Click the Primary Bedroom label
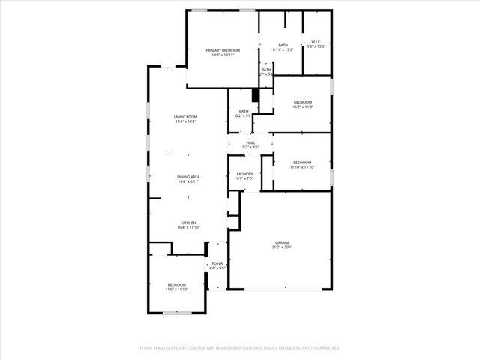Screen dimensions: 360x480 click(223, 50)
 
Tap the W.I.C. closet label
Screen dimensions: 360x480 click(316, 42)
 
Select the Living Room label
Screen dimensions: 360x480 click(185, 117)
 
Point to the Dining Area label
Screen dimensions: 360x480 click(188, 177)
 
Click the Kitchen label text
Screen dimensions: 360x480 click(188, 223)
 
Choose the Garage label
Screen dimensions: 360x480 click(282, 243)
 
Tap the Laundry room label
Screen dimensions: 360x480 click(244, 174)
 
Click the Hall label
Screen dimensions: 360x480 click(250, 142)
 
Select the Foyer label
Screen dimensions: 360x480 click(217, 263)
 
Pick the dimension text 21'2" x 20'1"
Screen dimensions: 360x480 click(282, 247)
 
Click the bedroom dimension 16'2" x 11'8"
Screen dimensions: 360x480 click(302, 106)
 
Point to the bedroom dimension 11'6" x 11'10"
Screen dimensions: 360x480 click(177, 289)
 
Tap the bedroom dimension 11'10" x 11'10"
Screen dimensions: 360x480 click(302, 167)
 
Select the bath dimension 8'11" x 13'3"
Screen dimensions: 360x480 click(283, 50)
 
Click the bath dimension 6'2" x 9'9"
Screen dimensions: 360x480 click(244, 116)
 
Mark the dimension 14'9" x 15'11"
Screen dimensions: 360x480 click(223, 55)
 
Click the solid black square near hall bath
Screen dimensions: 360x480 click(256, 94)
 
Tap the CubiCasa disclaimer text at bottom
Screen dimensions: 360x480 click(240, 348)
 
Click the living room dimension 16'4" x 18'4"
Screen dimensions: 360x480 click(185, 121)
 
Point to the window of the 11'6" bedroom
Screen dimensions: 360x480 click(177, 312)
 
